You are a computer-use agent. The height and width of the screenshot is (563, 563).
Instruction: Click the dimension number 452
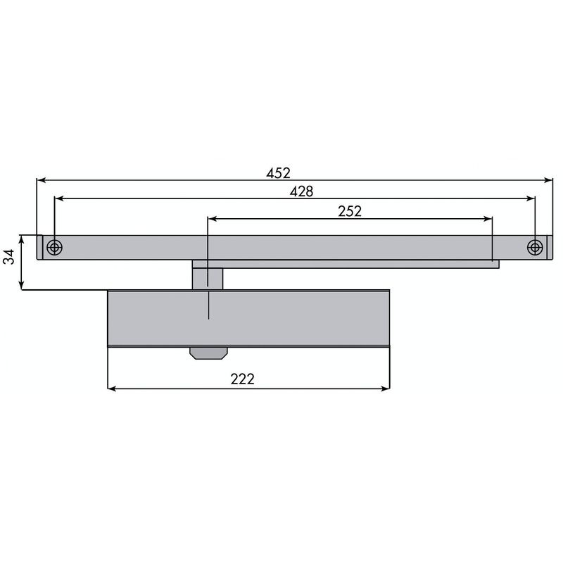(x=278, y=173)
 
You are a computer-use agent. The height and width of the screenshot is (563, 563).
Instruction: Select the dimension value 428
(x=302, y=191)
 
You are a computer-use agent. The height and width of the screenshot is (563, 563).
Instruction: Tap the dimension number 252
(x=350, y=211)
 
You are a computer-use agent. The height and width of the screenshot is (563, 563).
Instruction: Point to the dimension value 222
(x=242, y=379)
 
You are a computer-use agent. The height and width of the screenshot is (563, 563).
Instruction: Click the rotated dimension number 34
(x=8, y=257)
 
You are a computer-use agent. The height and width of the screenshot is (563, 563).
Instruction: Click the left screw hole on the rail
(x=55, y=248)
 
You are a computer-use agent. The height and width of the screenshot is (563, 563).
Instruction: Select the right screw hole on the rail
(x=535, y=248)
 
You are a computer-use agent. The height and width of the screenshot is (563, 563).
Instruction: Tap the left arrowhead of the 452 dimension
(x=41, y=180)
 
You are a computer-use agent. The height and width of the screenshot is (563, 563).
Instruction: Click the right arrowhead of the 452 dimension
(x=548, y=180)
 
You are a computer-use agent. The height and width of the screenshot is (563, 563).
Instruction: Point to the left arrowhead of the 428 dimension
(x=59, y=198)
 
